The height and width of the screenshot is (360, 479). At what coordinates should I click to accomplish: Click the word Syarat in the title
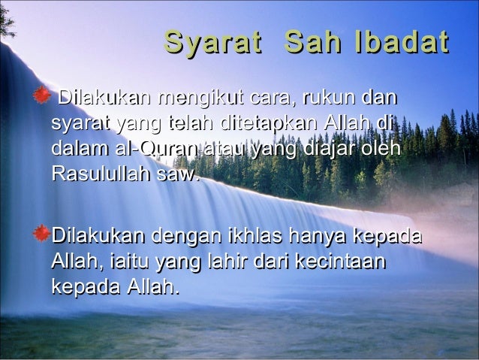[213, 43]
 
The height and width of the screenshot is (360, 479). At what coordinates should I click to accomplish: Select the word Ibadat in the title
[402, 43]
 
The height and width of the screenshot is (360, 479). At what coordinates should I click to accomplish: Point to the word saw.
[180, 175]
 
